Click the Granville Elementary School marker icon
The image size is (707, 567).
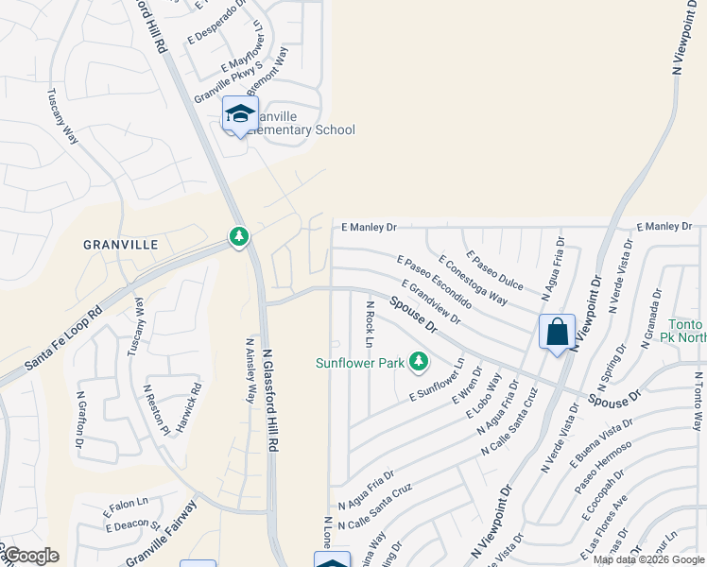coord(240,114)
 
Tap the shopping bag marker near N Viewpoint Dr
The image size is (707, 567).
coord(557,333)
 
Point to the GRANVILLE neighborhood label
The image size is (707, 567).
coord(120,244)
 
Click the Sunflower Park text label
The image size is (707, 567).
coord(359,363)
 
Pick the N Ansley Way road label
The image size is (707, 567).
coord(250,371)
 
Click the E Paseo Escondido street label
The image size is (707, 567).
coord(434,282)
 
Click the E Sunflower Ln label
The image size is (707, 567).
coord(438,383)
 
